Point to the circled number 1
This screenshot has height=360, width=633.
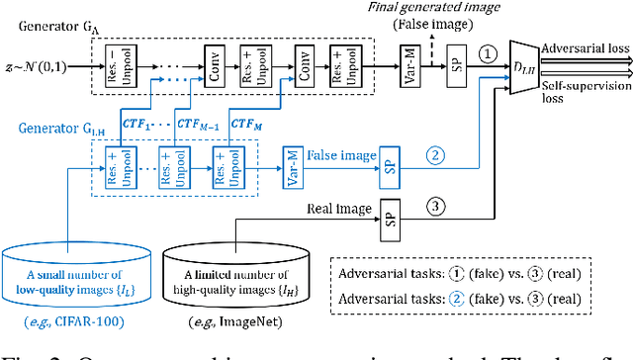488,56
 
